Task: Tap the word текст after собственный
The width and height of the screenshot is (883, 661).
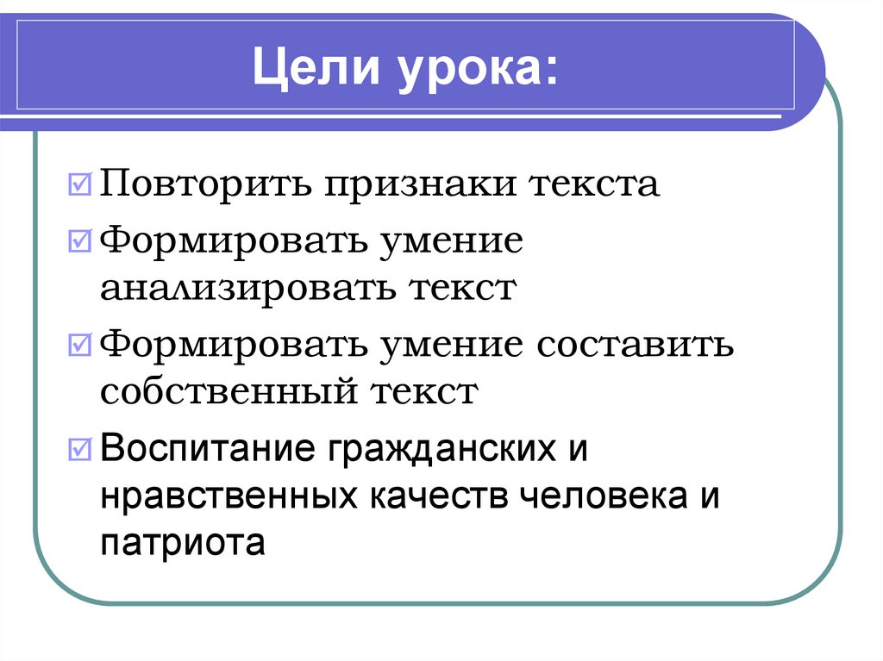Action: (x=423, y=392)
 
